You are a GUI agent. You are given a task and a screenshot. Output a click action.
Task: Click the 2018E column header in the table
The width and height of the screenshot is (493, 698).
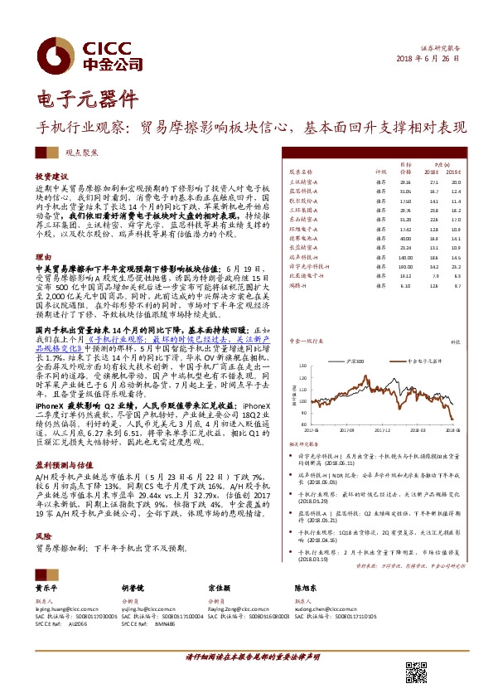click(433, 172)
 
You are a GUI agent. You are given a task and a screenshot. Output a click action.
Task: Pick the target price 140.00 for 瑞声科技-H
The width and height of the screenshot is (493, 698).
click(405, 258)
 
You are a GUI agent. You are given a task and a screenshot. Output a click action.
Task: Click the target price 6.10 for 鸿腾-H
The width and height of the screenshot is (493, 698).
click(405, 285)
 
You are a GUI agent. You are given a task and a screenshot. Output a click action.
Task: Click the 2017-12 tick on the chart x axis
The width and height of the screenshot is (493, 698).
click(383, 430)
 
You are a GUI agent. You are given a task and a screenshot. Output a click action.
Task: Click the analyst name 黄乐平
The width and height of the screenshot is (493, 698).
click(46, 587)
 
